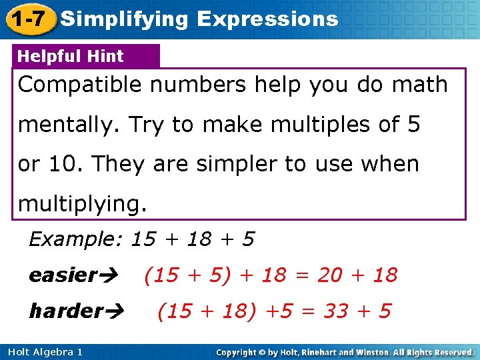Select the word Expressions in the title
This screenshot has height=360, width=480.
click(x=267, y=19)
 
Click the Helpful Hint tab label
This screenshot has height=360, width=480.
click(x=71, y=57)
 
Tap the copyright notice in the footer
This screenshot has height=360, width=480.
click(x=345, y=351)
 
